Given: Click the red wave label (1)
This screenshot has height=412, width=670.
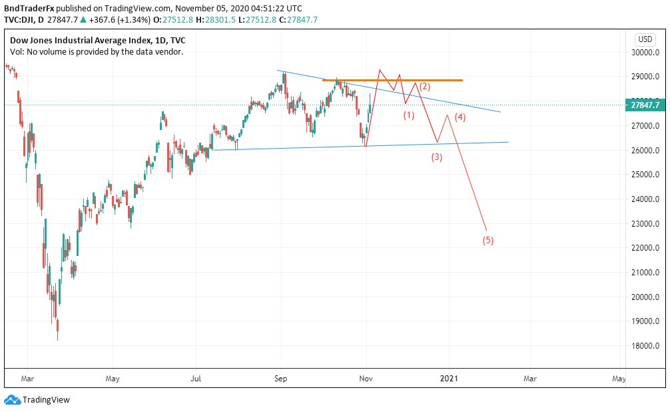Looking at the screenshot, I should tap(409, 115).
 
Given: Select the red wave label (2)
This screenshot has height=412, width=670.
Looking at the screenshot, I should tap(425, 86).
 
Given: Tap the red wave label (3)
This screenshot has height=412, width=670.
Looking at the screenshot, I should tap(436, 157).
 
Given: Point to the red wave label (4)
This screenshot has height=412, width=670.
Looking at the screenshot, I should tap(460, 117).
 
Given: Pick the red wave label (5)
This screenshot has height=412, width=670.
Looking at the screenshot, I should tap(488, 240).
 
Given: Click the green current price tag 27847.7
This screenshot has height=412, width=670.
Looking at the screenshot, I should tap(644, 105).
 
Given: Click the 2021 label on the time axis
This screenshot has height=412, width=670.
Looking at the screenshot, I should tap(450, 379).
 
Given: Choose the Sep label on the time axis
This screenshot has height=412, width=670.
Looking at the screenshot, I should tap(280, 379).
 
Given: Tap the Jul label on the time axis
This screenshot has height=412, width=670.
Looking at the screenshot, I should tap(196, 379).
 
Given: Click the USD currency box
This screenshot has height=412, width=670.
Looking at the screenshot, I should tap(645, 39).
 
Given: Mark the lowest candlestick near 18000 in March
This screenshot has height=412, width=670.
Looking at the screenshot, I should tap(58, 329).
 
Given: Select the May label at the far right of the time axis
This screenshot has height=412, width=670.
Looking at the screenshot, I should tap(619, 379).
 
